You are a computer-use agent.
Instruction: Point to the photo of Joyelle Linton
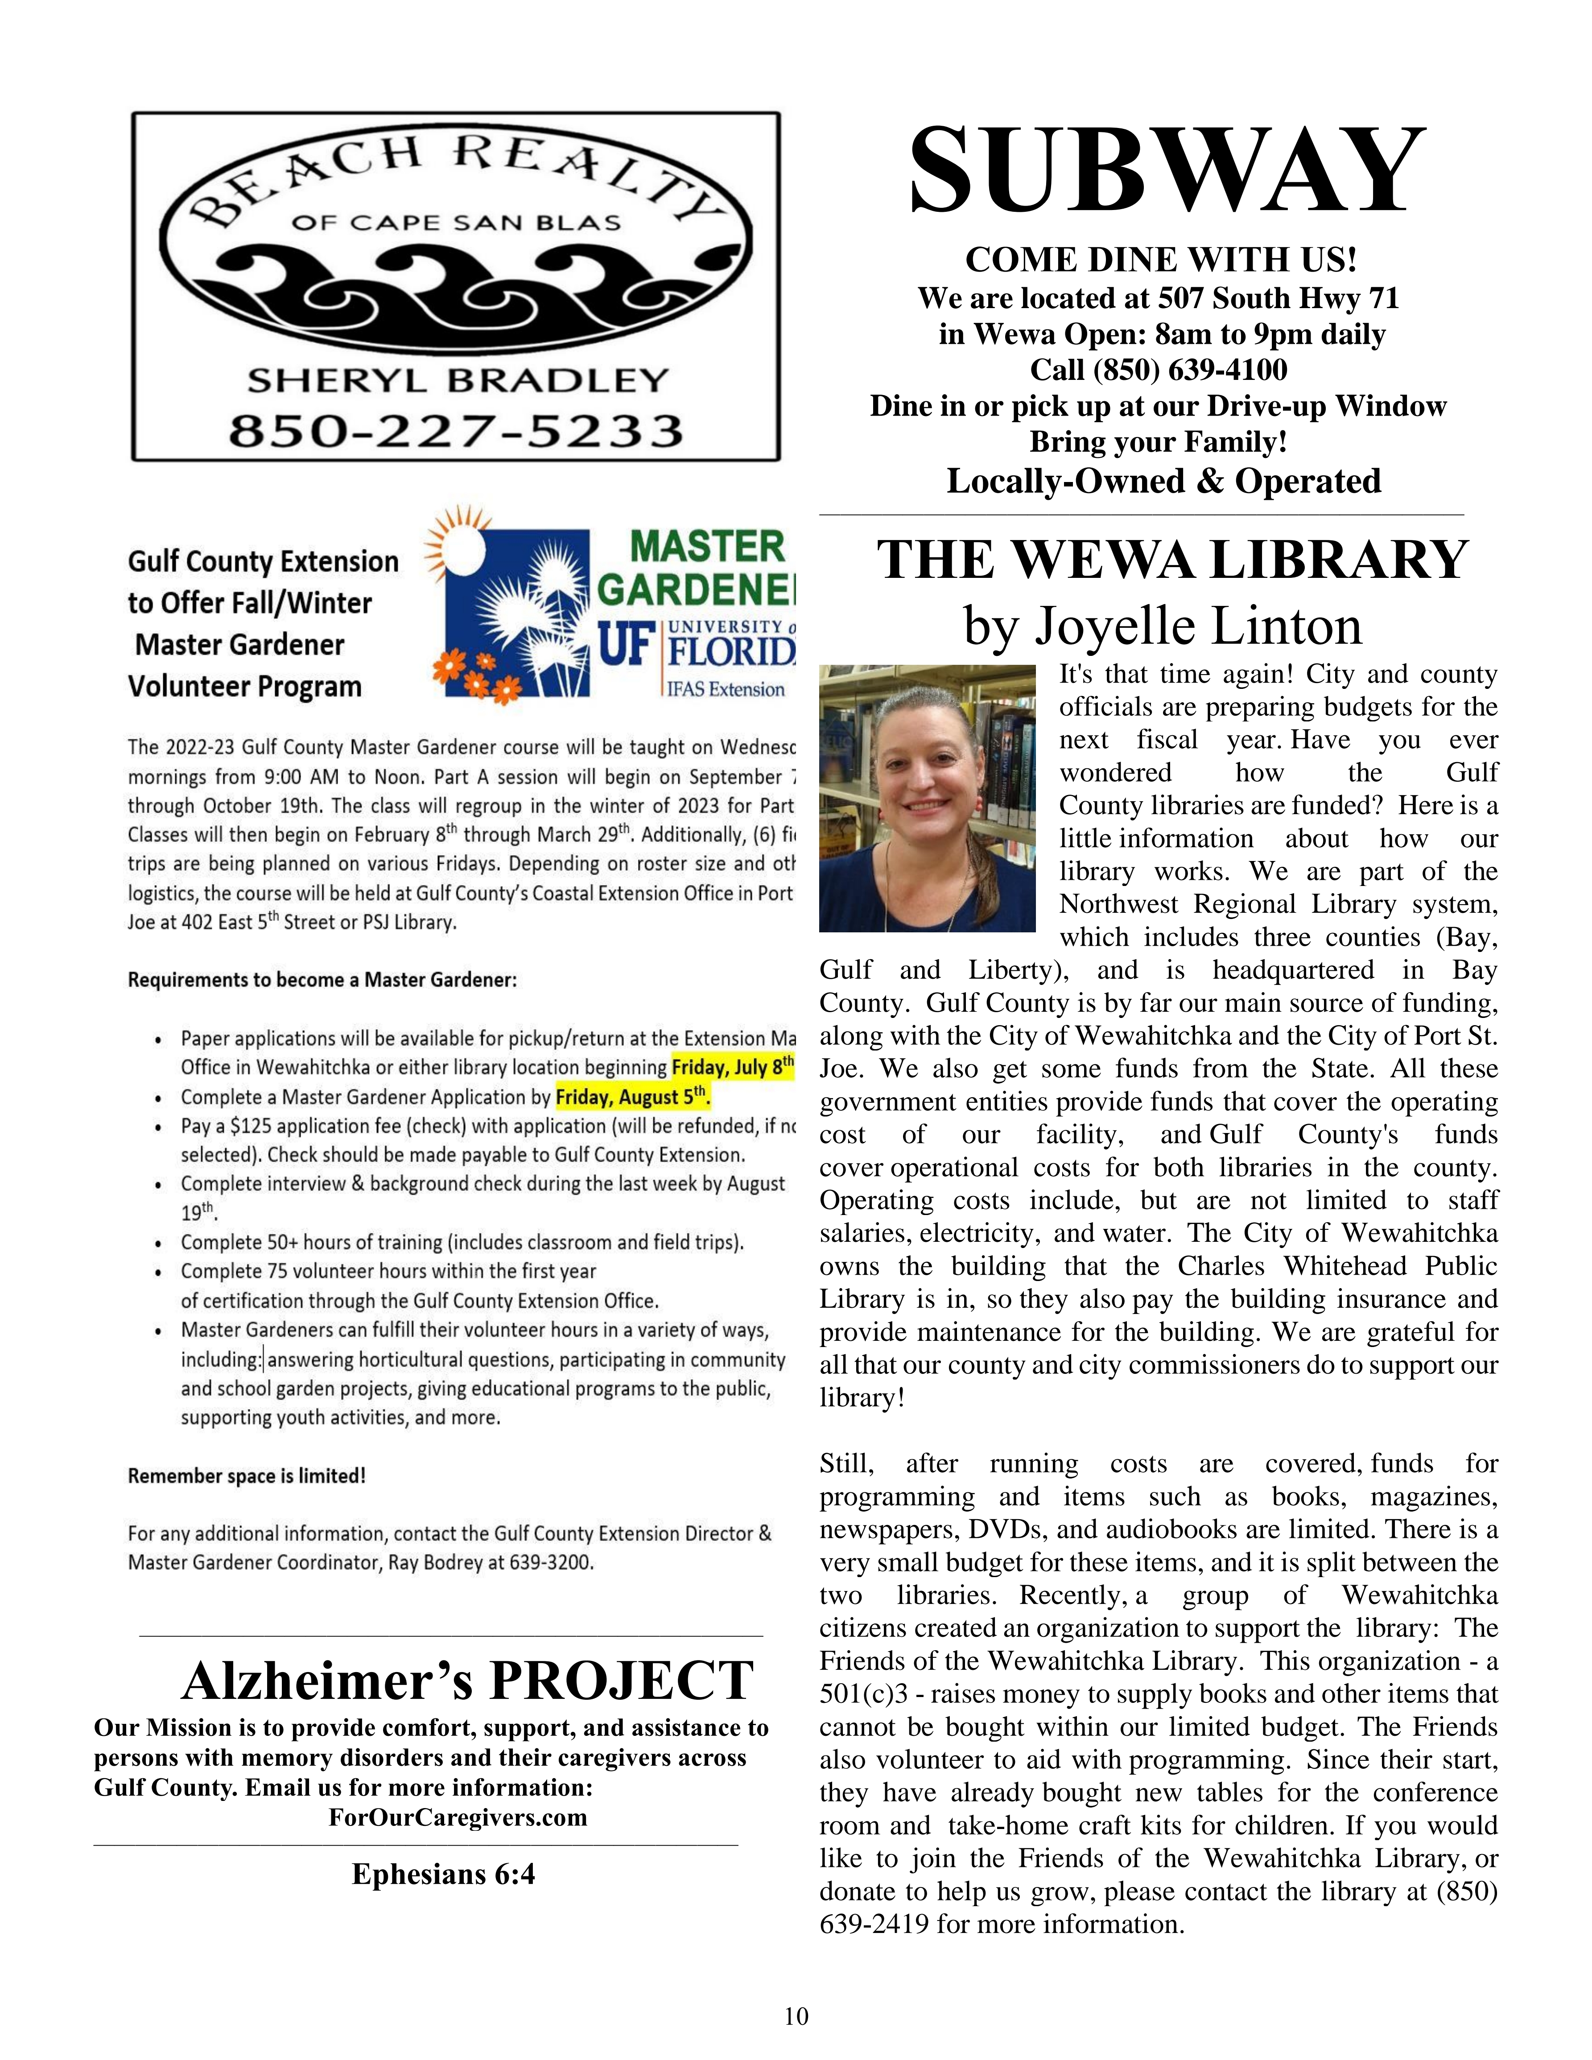coord(927,798)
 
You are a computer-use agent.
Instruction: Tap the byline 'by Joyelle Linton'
coord(1162,625)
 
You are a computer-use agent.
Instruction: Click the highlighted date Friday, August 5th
coord(632,1097)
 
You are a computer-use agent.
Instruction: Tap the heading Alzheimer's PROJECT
coord(468,1680)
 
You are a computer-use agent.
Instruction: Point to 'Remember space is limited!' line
coord(247,1475)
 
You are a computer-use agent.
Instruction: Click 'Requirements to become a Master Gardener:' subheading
coord(322,980)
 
